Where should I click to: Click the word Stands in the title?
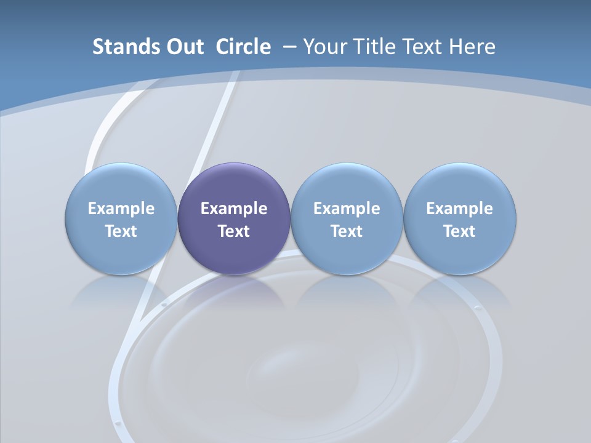[x=116, y=47]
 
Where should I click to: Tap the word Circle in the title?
[x=243, y=47]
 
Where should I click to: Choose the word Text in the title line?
[x=423, y=47]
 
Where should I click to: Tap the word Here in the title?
[x=473, y=47]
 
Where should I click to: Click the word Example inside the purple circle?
[x=234, y=209]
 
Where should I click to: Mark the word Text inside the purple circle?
[x=234, y=231]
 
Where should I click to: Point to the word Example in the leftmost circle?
[x=121, y=209]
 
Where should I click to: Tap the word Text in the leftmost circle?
[x=121, y=231]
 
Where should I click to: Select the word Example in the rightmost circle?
[x=460, y=209]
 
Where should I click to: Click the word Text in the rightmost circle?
[x=460, y=231]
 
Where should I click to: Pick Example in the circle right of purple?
[x=347, y=209]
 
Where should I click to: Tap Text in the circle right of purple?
[x=347, y=231]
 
